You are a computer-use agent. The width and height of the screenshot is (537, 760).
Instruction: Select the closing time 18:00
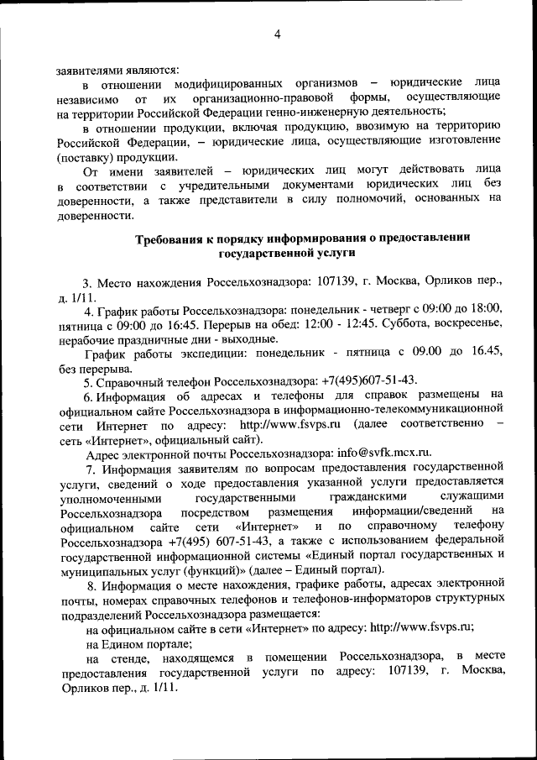click(485, 308)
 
